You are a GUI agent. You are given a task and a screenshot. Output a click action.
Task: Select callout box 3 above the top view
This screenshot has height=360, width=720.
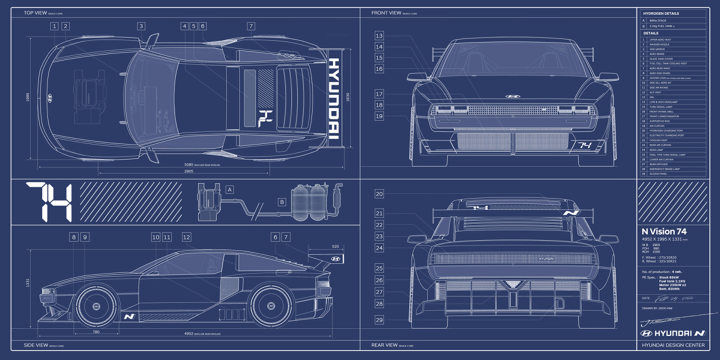point(141,26)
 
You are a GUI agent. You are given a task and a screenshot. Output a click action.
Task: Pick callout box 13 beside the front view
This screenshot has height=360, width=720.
point(379,36)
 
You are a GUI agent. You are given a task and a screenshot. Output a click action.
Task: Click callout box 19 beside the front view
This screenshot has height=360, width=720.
point(379,116)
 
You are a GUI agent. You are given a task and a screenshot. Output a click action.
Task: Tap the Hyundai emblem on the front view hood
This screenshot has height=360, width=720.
point(512,96)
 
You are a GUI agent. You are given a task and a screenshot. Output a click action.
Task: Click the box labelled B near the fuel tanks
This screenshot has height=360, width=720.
point(281,202)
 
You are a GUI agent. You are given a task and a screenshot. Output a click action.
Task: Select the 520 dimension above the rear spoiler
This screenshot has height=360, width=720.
point(335,246)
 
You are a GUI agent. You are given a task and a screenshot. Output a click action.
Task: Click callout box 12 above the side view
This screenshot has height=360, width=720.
point(187,238)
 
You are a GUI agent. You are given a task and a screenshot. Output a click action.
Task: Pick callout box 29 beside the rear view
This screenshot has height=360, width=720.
point(379,320)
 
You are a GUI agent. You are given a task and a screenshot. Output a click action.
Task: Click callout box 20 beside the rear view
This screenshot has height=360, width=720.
point(379,194)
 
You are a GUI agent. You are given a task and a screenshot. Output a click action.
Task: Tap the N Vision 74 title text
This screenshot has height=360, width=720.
point(664,231)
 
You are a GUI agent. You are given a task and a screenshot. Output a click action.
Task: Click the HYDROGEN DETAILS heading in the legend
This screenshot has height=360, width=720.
point(661,13)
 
